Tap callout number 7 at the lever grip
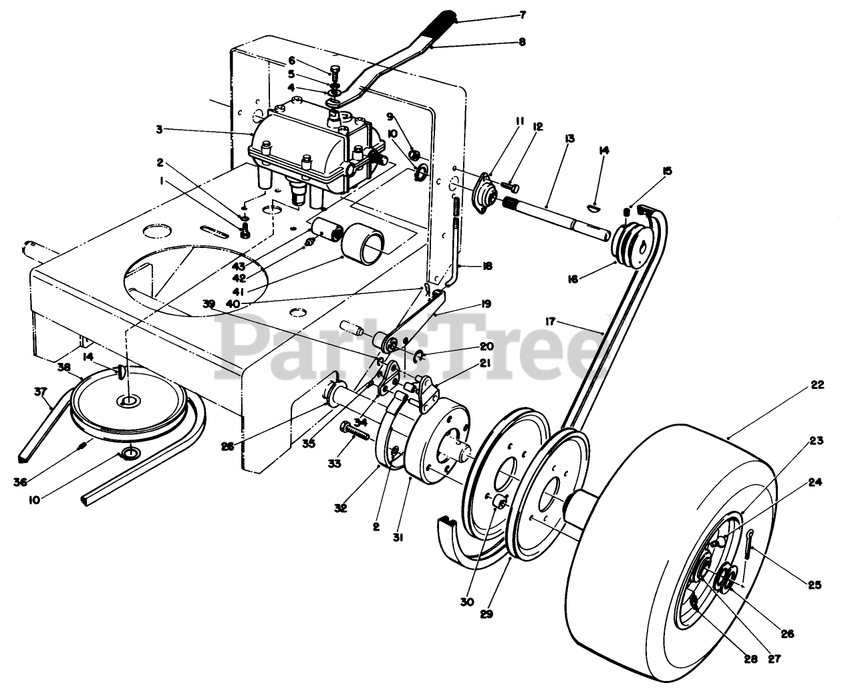[x=523, y=14]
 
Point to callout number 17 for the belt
[x=551, y=321]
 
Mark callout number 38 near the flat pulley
[x=64, y=366]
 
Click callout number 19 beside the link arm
[x=485, y=304]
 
